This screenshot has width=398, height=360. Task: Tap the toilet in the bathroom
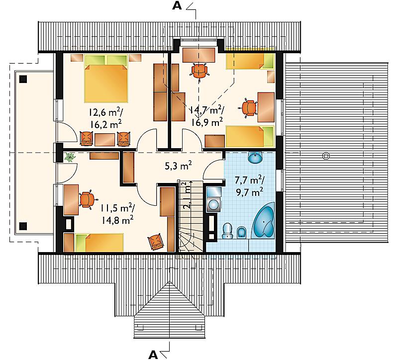[227, 231]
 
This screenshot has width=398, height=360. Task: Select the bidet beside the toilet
[241, 233]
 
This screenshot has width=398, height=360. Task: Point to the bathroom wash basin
[255, 157]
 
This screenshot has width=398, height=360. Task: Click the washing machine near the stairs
[214, 204]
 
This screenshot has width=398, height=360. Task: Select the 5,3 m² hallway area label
[179, 166]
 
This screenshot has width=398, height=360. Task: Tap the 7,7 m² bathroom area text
[250, 180]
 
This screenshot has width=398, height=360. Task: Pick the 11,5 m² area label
[117, 208]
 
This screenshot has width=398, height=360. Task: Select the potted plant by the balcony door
[70, 157]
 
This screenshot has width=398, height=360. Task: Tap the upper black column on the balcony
[23, 79]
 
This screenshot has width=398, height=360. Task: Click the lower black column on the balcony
[23, 226]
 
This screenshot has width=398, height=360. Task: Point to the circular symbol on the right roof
[326, 156]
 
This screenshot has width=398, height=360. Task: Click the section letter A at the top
[177, 5]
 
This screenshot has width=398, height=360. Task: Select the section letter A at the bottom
[153, 355]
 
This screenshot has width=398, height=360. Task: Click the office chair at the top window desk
[199, 71]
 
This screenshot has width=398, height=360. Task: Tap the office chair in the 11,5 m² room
[88, 199]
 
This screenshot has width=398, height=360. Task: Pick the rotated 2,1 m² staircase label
[188, 195]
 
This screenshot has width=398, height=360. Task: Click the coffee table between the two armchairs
[105, 140]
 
